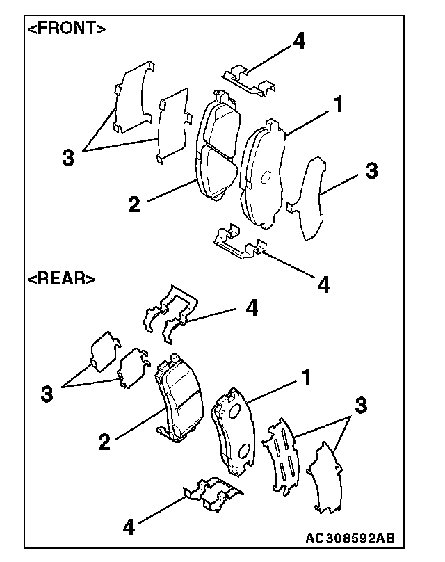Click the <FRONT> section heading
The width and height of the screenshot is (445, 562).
click(67, 29)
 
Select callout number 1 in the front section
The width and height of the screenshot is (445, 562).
click(337, 105)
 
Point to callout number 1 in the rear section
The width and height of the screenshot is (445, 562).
click(304, 378)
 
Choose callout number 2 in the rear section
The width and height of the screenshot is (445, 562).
click(105, 442)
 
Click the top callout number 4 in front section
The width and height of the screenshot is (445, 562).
click(298, 40)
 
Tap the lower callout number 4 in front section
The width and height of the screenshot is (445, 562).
click(324, 284)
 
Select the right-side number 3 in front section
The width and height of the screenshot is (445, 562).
click(372, 171)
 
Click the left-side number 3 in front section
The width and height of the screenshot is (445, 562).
click(67, 157)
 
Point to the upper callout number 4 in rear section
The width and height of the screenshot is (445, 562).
click(252, 308)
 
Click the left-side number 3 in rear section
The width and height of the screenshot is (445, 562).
click(47, 395)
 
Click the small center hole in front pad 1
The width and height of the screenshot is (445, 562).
click(265, 177)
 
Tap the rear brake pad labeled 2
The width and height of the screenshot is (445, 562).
click(177, 401)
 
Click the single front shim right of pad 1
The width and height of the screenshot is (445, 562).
click(309, 198)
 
